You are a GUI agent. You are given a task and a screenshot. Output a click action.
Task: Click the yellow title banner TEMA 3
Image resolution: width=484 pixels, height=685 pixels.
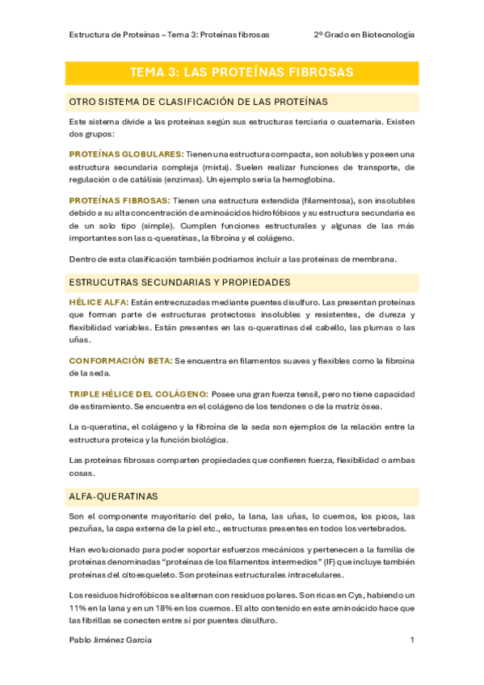pyautogui.click(x=242, y=73)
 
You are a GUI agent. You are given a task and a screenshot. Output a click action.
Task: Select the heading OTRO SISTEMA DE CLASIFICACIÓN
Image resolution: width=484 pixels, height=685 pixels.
pyautogui.click(x=198, y=102)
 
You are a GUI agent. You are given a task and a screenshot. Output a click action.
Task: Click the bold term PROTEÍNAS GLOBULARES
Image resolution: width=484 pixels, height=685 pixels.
pyautogui.click(x=126, y=153)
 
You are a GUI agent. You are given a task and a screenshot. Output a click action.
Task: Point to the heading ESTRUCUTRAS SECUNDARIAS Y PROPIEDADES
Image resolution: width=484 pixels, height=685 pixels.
pyautogui.click(x=179, y=283)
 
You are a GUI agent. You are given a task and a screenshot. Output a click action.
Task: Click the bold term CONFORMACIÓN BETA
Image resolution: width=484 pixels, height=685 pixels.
pyautogui.click(x=120, y=360)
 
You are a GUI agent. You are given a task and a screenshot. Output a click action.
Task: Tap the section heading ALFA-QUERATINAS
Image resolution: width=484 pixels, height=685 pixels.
pyautogui.click(x=114, y=496)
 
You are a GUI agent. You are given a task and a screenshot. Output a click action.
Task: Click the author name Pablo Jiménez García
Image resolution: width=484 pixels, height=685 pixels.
pyautogui.click(x=111, y=640)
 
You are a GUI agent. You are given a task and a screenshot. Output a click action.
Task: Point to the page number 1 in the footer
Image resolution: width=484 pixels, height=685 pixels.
pyautogui.click(x=412, y=640)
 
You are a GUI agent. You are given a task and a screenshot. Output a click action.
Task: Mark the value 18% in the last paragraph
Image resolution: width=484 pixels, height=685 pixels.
pyautogui.click(x=166, y=607)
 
